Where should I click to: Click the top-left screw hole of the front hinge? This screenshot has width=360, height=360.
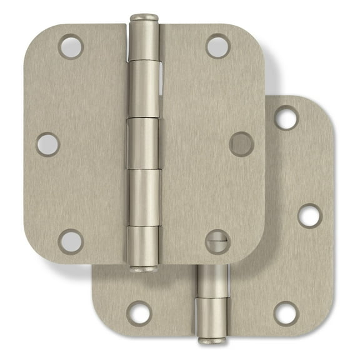click(x=71, y=47)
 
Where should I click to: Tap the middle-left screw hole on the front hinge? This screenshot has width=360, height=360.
click(x=48, y=144)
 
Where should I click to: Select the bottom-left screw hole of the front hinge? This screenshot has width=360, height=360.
click(x=71, y=241)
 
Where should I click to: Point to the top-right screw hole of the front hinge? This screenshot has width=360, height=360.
click(x=217, y=47)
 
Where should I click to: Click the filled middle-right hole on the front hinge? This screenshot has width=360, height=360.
click(x=241, y=144)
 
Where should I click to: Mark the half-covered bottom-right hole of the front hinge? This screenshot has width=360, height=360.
click(x=217, y=242)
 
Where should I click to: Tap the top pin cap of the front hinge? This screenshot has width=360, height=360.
click(x=144, y=17)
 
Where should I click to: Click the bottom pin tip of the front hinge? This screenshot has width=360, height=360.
click(x=144, y=269)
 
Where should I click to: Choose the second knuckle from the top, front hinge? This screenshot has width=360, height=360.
click(x=144, y=91)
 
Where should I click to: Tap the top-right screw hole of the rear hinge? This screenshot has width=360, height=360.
click(x=286, y=118)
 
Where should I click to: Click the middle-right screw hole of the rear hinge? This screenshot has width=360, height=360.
click(x=309, y=216)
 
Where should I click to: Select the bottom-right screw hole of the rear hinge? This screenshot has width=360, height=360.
click(x=286, y=313)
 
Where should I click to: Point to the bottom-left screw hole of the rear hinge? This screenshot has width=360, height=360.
click(x=139, y=313)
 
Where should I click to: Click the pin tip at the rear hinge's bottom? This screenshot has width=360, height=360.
click(x=213, y=341)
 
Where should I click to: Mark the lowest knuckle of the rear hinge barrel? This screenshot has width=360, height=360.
click(x=213, y=317)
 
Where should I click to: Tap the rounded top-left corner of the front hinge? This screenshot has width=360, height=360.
click(x=35, y=34)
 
